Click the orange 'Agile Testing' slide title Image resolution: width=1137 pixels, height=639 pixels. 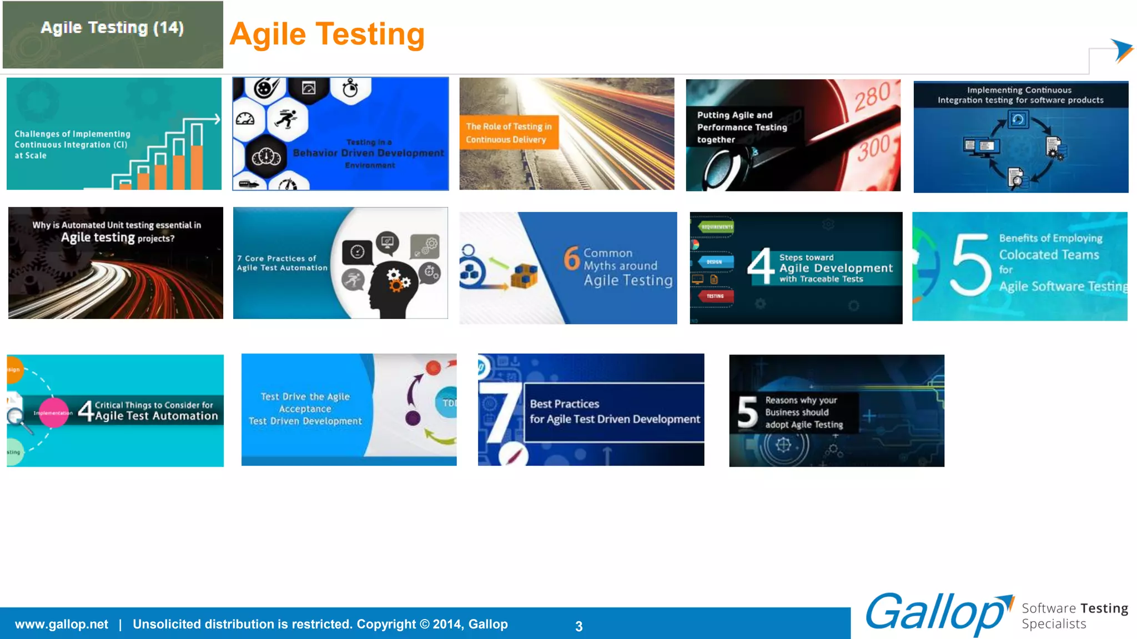point(327,34)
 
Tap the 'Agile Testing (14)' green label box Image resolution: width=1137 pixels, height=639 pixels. point(113,34)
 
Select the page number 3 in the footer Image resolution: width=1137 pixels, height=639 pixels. point(578,626)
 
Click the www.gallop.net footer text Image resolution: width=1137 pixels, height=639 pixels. point(62,624)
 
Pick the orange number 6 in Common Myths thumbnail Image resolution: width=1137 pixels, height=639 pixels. point(572,258)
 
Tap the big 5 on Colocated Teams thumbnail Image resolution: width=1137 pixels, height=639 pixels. point(970,264)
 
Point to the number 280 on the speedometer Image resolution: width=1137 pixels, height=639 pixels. point(872,97)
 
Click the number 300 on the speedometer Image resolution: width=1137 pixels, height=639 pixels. point(874,148)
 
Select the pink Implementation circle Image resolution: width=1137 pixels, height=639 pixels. point(54,413)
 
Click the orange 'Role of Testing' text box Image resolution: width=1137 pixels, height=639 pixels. point(509,133)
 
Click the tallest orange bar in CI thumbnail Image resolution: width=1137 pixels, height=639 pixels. point(197,166)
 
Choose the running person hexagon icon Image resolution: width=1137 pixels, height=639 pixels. point(287,119)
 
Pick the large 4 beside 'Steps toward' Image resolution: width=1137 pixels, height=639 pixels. point(760,266)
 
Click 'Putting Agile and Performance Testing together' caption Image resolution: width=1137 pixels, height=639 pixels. point(742,127)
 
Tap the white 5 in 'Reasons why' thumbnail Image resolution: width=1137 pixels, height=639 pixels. point(747,413)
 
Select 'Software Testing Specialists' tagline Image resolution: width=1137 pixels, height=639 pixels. point(1074,616)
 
